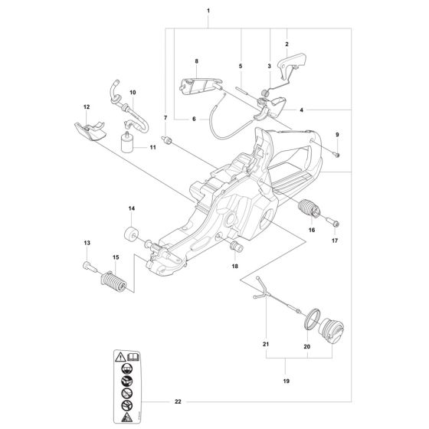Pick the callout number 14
131,208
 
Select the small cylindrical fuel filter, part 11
126,143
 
